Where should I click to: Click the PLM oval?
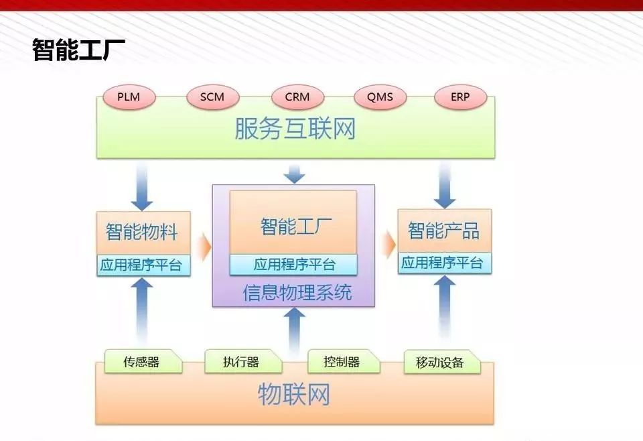click(x=129, y=97)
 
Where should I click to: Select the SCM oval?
click(x=212, y=97)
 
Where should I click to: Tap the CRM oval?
click(x=297, y=97)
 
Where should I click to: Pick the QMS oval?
click(x=380, y=97)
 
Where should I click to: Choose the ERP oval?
click(x=460, y=97)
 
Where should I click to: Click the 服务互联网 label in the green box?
click(x=295, y=129)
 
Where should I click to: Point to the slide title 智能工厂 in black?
click(x=78, y=50)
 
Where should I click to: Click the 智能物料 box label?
click(x=142, y=232)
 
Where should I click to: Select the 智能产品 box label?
click(x=444, y=230)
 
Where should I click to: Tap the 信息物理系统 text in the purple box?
click(x=297, y=293)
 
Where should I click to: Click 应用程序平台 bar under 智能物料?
click(x=143, y=265)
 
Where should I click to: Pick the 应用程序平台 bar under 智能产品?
click(x=445, y=263)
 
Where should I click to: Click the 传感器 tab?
click(x=143, y=361)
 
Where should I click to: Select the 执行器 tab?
click(x=243, y=361)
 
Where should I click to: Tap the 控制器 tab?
click(x=344, y=361)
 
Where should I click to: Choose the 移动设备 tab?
click(x=442, y=362)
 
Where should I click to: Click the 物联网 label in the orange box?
click(x=295, y=395)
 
